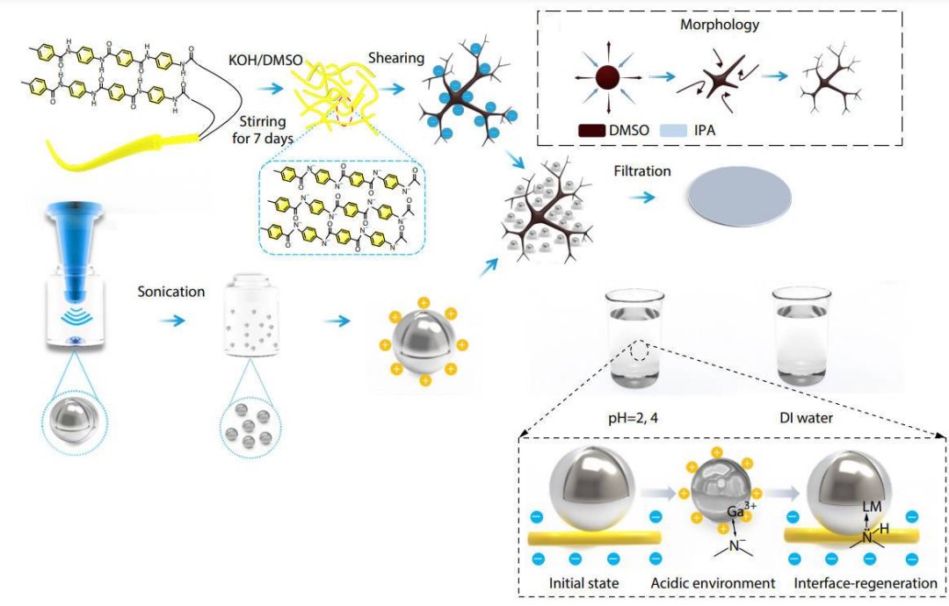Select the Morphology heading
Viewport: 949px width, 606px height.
click(719, 25)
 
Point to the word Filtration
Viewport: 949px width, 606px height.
click(642, 171)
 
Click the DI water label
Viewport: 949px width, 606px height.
click(806, 419)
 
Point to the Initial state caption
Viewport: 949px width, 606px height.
click(586, 583)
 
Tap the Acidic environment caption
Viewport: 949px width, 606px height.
click(713, 583)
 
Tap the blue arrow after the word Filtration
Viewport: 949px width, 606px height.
click(642, 198)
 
